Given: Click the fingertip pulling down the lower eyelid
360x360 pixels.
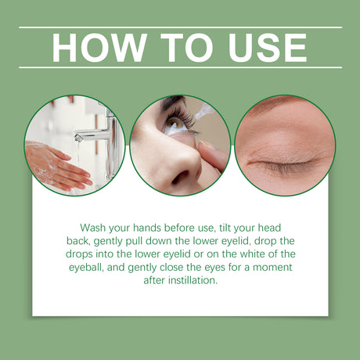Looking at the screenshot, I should tap(210, 153).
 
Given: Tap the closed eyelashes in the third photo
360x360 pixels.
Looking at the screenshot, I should tap(282, 162).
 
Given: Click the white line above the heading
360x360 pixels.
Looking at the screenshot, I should tap(180, 27).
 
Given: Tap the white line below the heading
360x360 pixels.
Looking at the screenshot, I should tap(180, 67).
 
